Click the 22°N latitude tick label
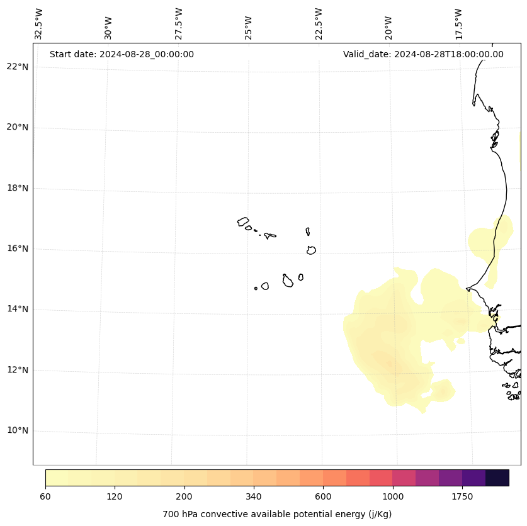(x=18, y=67)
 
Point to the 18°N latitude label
(x=18, y=188)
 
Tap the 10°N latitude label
(x=18, y=431)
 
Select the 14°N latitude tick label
(x=18, y=310)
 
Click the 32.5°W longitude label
(x=39, y=24)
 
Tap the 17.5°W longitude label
(x=458, y=24)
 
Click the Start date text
(x=122, y=54)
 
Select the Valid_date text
(x=423, y=54)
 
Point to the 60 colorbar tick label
(x=45, y=496)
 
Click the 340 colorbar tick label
(x=254, y=496)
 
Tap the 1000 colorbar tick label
(x=393, y=496)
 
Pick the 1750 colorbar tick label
(x=462, y=496)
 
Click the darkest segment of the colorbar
(x=497, y=478)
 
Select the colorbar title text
(x=277, y=514)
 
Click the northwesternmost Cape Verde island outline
(x=243, y=221)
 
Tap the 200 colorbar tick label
(x=184, y=496)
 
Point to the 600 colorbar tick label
(x=323, y=496)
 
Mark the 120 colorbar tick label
(x=115, y=496)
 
